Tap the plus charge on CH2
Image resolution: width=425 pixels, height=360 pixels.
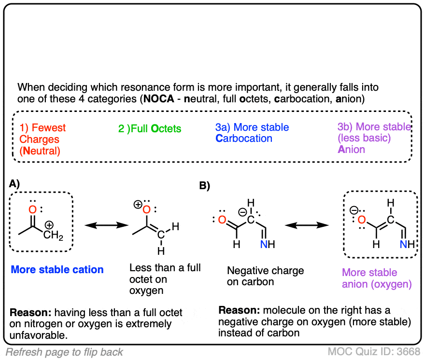49,225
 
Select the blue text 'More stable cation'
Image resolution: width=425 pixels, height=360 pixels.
57,269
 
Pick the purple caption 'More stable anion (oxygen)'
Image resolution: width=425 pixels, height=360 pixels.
377,278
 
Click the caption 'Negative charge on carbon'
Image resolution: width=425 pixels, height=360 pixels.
265,276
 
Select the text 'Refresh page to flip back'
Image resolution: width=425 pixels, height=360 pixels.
64,352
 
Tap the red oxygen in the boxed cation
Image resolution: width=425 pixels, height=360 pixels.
32,210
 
